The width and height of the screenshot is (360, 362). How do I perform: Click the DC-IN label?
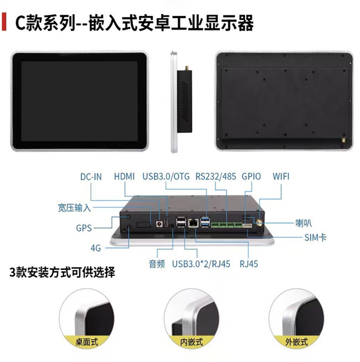point(91,177)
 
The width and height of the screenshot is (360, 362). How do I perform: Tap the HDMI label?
point(124,176)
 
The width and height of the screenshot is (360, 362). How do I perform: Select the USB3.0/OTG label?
point(166,176)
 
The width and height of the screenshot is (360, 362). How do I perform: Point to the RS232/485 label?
point(216,176)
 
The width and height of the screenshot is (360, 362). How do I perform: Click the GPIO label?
point(251,176)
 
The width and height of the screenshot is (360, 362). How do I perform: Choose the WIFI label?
point(281,176)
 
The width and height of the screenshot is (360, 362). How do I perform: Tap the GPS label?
point(84,228)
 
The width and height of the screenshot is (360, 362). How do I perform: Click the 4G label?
point(96,248)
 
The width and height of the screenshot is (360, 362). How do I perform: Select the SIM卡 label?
point(315,238)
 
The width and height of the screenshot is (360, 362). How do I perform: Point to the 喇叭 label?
point(303,223)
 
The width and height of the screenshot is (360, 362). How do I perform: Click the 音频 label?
point(157,264)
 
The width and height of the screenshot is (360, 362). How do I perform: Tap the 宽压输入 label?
point(74,208)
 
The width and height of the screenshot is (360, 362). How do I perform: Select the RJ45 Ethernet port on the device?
point(193,223)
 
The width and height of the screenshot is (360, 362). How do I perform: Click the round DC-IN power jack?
point(159,223)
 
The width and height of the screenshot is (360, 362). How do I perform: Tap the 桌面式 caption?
point(87,342)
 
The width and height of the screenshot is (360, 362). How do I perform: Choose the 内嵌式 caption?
point(191,342)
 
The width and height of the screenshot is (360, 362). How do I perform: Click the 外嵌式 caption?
point(297,342)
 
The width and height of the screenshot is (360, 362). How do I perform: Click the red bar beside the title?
point(4,22)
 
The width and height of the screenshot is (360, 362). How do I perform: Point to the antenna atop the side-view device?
point(187,68)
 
